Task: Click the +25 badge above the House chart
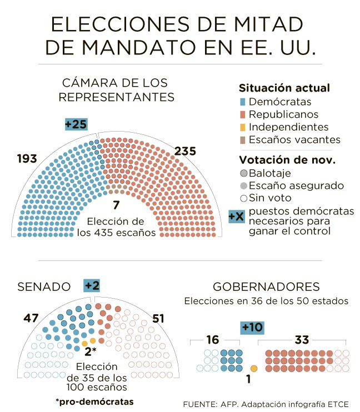coord(76,124)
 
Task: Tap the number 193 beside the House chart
coord(27,159)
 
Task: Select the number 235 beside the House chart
coord(185,151)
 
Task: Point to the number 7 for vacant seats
coord(116,205)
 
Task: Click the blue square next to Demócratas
coord(242,102)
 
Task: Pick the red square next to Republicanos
coord(242,114)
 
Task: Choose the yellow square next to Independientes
coord(242,127)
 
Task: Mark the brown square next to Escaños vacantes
coord(242,140)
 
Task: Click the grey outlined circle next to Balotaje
coord(243,173)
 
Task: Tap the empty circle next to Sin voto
coord(243,198)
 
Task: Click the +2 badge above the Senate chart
coord(92,285)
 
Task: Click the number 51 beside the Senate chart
coord(159,318)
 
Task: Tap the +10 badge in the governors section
coord(252,328)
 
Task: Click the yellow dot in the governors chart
coord(254,368)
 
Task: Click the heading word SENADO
coord(44,287)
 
